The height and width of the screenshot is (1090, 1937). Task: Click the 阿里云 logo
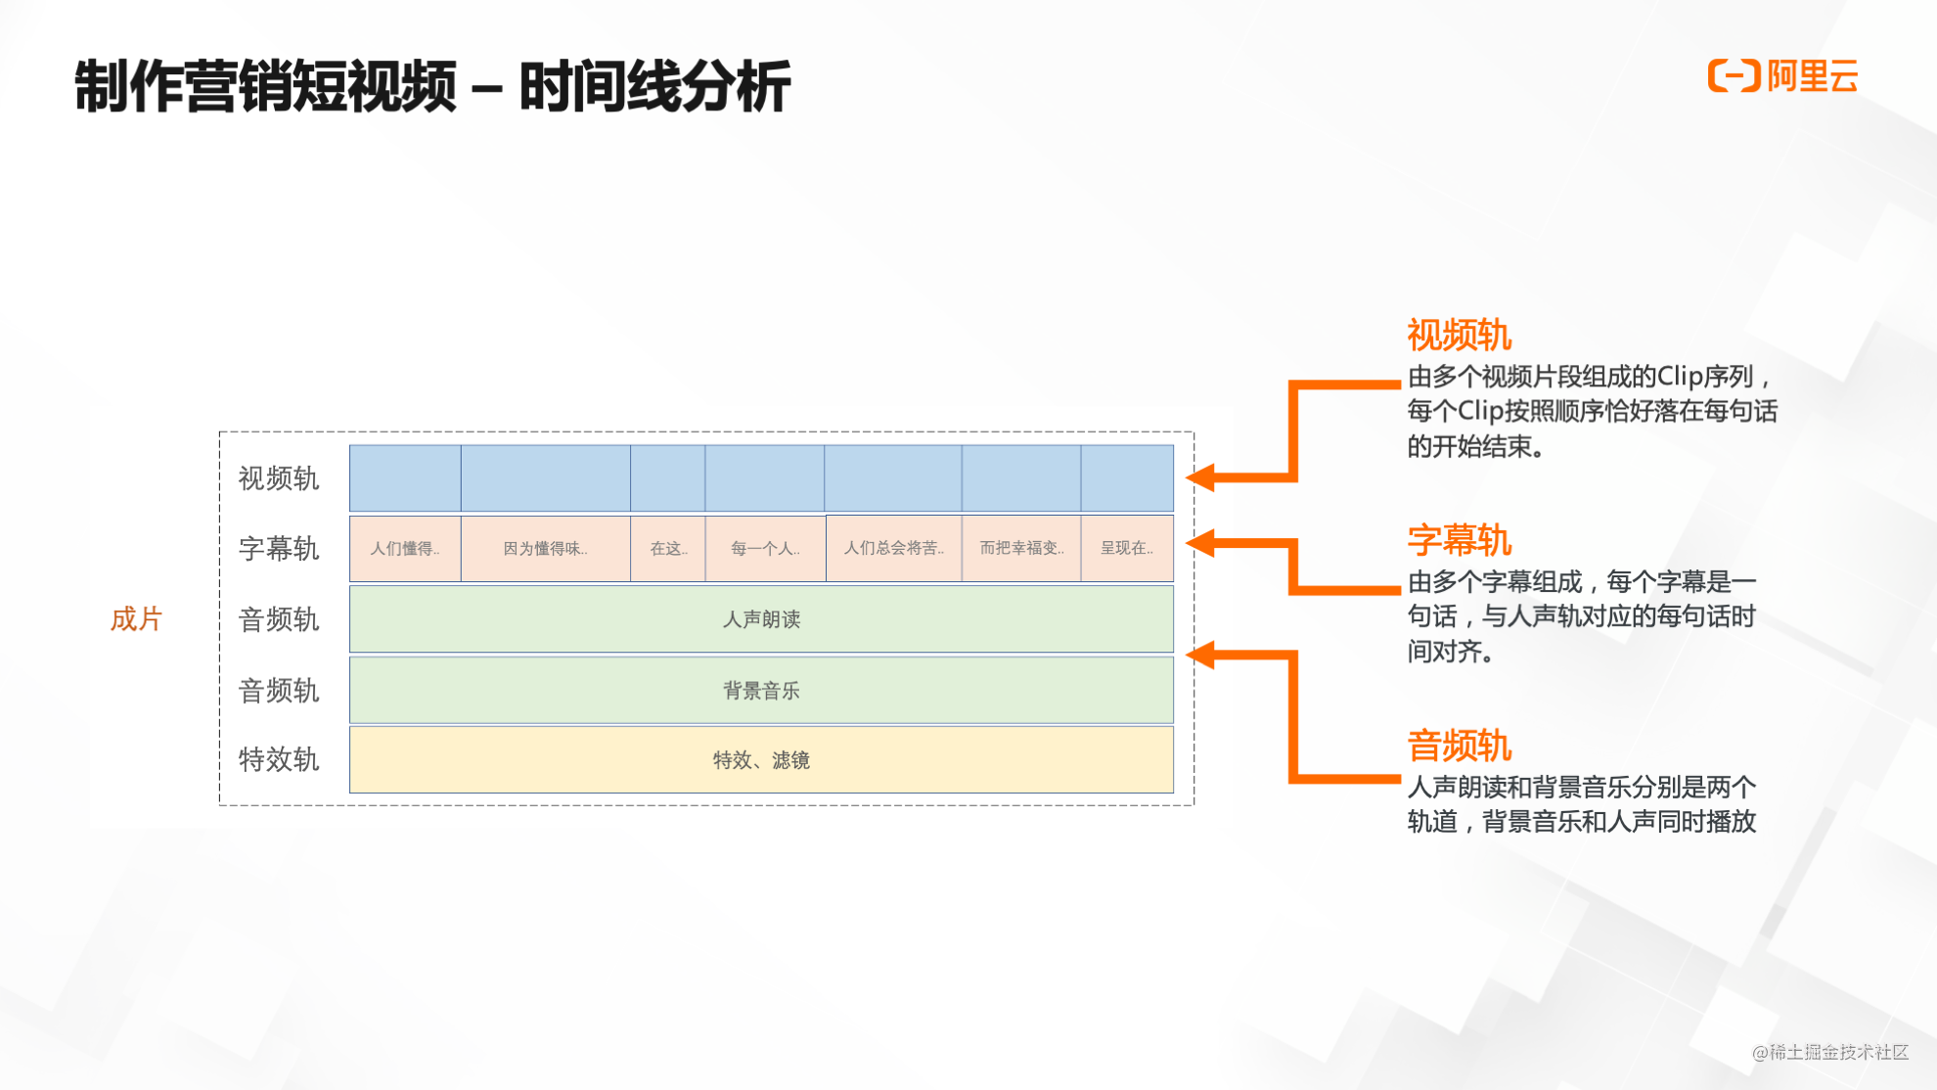1781,76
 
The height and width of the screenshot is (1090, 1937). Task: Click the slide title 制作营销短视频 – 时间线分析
431,86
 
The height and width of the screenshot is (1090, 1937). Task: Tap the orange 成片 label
135,618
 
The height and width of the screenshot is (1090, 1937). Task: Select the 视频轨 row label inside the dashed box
279,478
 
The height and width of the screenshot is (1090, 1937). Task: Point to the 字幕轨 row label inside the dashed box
279,548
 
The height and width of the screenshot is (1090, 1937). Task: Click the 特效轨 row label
279,759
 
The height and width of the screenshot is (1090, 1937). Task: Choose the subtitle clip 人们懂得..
405,548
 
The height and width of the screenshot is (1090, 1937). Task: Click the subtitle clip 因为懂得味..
545,548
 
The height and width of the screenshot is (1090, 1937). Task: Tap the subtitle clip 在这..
668,548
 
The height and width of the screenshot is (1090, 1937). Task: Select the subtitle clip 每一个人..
765,548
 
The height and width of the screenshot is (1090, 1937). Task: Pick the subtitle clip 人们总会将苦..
894,548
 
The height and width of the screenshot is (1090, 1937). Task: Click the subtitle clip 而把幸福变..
1021,548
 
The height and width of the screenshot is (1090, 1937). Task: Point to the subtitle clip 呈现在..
1127,548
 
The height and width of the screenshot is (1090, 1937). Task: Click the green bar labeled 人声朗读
761,618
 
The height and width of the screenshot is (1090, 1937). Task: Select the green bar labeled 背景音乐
761,690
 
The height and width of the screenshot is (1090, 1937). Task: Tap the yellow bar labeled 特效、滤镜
761,759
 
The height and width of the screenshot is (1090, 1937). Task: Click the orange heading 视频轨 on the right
1459,336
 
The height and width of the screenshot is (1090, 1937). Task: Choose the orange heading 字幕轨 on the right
1459,540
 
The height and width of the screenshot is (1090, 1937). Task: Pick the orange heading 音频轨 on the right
1459,746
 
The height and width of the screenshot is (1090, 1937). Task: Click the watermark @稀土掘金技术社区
1829,1052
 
